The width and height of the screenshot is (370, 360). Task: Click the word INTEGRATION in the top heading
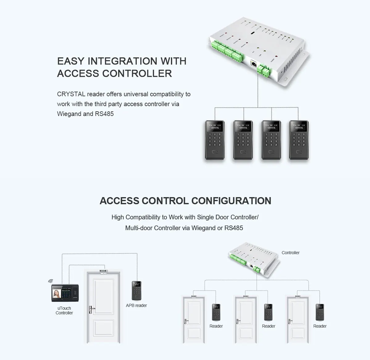pos(122,61)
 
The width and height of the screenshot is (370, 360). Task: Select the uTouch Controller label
pos(64,311)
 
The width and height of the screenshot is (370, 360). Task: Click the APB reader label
pos(136,305)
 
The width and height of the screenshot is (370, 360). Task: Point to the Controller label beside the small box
pos(290,253)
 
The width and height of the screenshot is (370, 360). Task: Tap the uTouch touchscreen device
pos(64,293)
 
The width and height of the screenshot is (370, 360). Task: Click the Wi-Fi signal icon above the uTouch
pos(51,281)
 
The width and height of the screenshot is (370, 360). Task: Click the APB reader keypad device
pos(136,290)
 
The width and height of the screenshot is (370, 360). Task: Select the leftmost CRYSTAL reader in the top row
pos(215,140)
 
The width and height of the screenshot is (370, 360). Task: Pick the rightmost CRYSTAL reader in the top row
pos(299,140)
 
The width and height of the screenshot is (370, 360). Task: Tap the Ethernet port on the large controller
pos(253,64)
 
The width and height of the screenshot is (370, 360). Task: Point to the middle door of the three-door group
pos(246,320)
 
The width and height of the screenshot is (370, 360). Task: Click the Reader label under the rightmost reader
pos(320,326)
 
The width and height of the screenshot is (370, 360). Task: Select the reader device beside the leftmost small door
pos(216,312)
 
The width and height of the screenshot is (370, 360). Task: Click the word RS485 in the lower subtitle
pos(234,228)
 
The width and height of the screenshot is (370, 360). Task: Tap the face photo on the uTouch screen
pos(56,293)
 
